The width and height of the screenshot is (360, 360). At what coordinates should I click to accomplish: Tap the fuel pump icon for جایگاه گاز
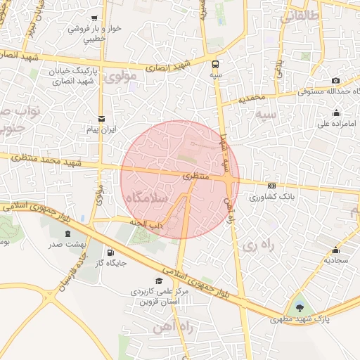click(x=110, y=252)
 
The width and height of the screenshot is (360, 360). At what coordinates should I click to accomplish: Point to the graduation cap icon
click(x=159, y=281)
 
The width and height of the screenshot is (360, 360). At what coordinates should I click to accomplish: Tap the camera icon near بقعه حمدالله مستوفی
click(x=335, y=81)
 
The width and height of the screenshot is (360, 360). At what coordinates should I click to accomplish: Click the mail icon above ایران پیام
click(x=102, y=118)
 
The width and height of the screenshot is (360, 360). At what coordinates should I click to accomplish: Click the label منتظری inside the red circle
click(x=196, y=176)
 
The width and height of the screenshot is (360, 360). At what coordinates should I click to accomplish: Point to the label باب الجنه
click(x=146, y=221)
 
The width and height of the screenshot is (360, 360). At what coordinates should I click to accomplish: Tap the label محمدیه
click(x=252, y=98)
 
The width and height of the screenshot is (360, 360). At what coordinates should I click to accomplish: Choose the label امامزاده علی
click(x=333, y=124)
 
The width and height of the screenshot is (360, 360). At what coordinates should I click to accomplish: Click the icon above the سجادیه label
click(x=336, y=250)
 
